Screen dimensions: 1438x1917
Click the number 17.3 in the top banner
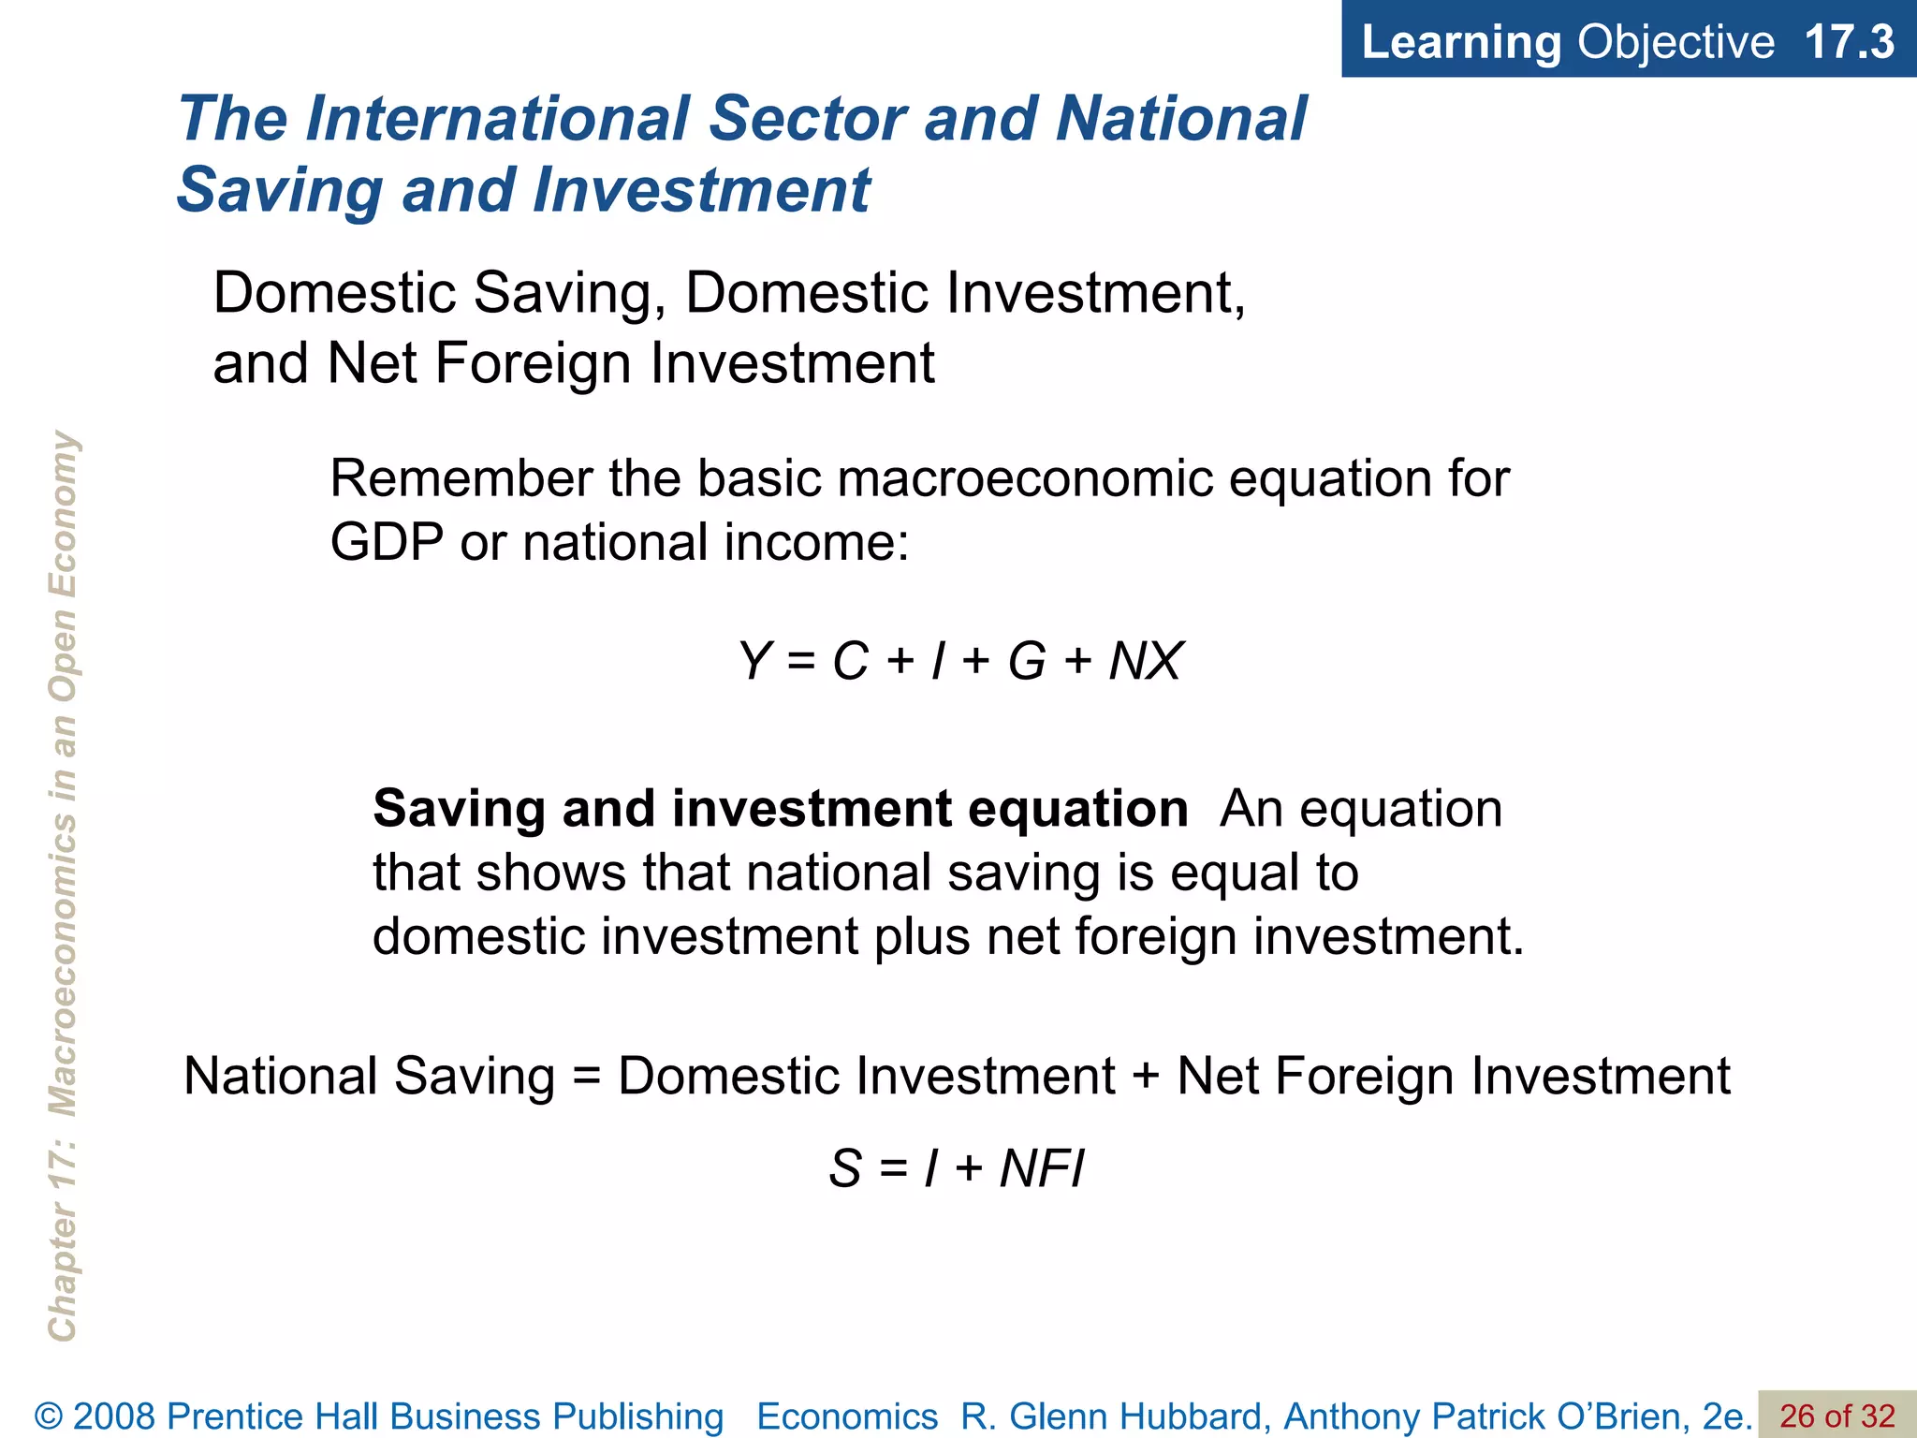click(1849, 42)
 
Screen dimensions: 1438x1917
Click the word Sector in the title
click(808, 119)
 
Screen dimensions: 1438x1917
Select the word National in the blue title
click(1181, 119)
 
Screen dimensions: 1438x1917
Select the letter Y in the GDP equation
click(754, 661)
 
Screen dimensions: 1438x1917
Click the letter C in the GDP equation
click(851, 661)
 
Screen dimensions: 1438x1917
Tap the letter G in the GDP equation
click(1027, 661)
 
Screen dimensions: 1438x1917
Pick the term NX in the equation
click(1146, 661)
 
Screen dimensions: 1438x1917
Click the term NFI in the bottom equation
click(1042, 1168)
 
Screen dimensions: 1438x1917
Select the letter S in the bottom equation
click(845, 1168)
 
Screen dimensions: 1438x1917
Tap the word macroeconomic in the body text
click(1025, 478)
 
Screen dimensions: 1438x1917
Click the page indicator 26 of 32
click(1837, 1416)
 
